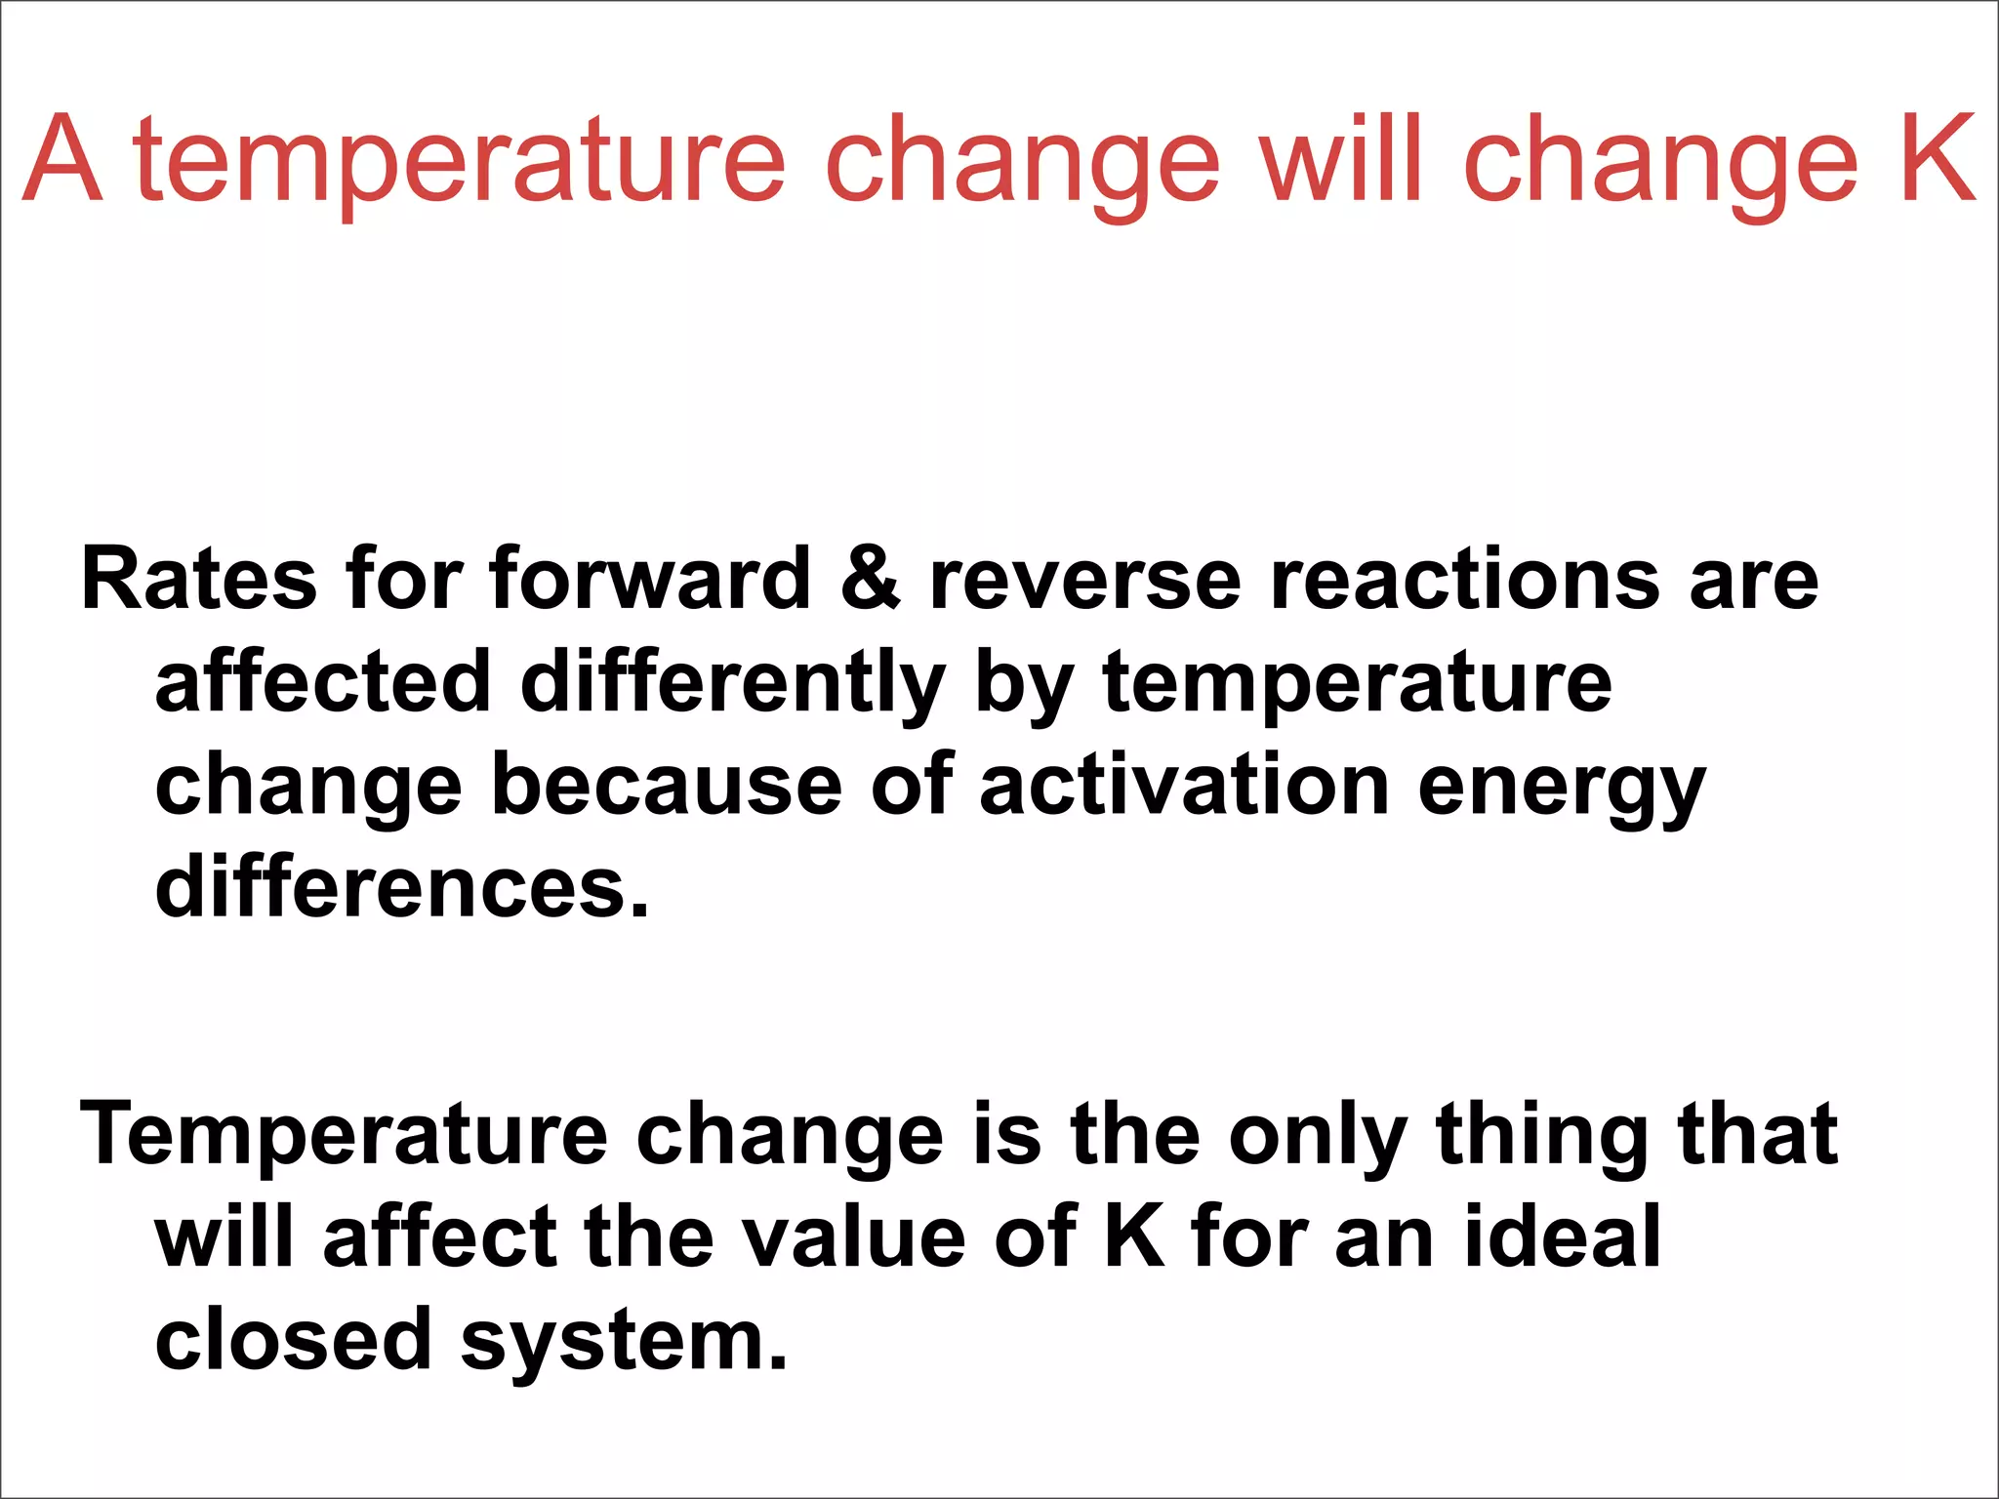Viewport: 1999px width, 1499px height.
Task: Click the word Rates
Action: click(x=198, y=579)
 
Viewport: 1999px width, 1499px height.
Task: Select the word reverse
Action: click(x=1084, y=579)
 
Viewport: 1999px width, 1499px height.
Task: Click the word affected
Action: click(x=322, y=682)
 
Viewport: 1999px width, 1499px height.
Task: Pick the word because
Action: click(x=666, y=786)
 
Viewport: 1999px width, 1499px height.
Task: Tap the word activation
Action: click(x=1183, y=786)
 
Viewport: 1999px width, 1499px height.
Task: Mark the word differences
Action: click(x=401, y=887)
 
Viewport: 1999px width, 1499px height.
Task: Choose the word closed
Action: click(x=293, y=1339)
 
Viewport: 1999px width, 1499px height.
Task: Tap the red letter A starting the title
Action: click(x=61, y=159)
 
